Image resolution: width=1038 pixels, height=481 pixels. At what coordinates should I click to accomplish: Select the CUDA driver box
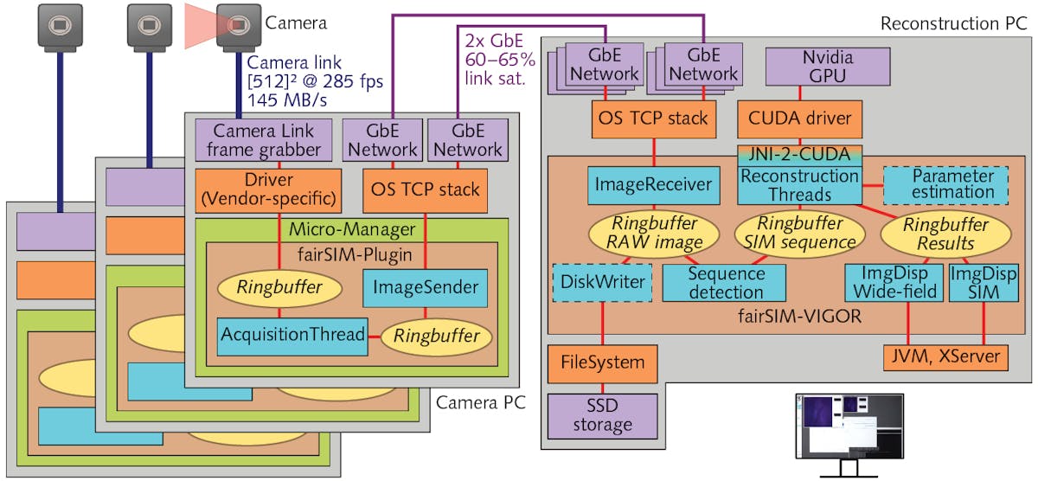click(x=799, y=118)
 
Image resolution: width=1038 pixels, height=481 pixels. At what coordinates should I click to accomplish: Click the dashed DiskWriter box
click(x=602, y=282)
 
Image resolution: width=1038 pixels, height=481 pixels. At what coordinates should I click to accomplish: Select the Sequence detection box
click(x=725, y=283)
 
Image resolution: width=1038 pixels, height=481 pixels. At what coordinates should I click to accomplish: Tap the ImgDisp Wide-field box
click(x=894, y=283)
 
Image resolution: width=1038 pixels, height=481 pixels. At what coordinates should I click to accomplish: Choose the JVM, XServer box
click(x=944, y=356)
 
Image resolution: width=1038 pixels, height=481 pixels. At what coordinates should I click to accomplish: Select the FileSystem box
click(x=603, y=362)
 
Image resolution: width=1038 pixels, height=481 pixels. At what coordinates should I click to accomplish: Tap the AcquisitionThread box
click(x=292, y=335)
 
